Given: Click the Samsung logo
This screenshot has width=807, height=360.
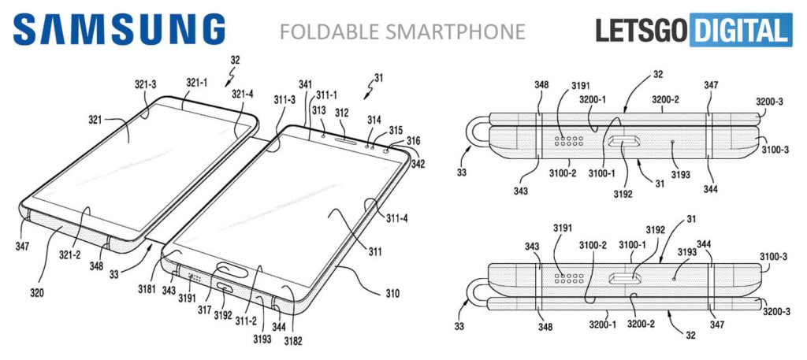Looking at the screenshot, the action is click(x=119, y=29).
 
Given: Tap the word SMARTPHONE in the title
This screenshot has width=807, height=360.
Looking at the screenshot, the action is click(x=456, y=32).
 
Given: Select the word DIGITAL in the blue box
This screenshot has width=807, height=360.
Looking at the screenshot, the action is click(x=740, y=30).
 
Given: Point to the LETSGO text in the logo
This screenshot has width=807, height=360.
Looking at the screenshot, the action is click(x=642, y=30).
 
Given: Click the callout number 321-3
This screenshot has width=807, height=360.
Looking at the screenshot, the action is click(x=146, y=85).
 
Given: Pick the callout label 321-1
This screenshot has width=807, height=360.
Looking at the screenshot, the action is click(x=196, y=82).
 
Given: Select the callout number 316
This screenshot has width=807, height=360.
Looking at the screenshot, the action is click(x=413, y=140).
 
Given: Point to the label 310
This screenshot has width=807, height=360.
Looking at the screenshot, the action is click(x=392, y=294).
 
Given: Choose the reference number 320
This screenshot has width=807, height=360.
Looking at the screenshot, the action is click(x=36, y=294).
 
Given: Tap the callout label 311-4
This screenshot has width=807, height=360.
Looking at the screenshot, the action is click(x=397, y=218).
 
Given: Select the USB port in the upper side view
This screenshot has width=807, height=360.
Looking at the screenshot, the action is click(x=624, y=142).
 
